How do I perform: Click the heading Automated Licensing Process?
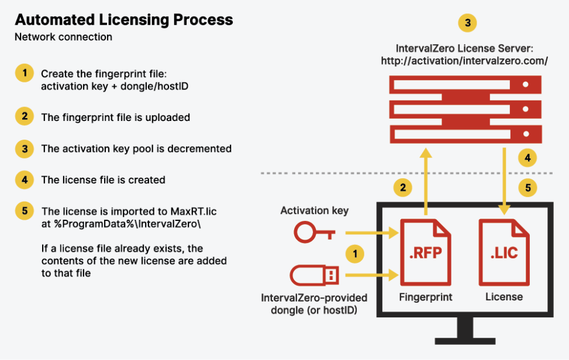click(123, 20)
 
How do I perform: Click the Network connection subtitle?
click(63, 37)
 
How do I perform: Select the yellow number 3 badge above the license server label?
click(467, 23)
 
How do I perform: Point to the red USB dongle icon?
click(314, 275)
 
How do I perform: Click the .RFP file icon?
click(426, 252)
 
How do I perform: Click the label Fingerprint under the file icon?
click(426, 297)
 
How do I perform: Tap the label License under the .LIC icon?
click(504, 297)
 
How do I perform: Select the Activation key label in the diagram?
click(315, 211)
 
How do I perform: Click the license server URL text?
click(464, 60)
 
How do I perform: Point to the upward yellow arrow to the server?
click(426, 181)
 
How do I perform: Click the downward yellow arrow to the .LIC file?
click(505, 181)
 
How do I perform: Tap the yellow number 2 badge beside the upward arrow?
click(403, 188)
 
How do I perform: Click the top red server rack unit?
click(464, 85)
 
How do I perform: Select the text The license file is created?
click(103, 180)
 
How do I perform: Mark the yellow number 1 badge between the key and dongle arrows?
click(355, 254)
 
